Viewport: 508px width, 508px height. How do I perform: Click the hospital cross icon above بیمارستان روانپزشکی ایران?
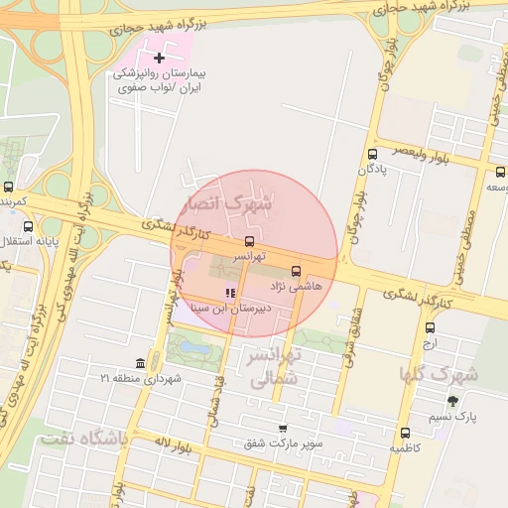click(159, 59)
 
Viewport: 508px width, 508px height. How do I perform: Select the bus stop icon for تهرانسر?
click(249, 241)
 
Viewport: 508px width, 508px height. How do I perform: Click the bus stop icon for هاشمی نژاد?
click(296, 270)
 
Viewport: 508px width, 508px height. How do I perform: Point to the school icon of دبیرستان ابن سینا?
click(230, 293)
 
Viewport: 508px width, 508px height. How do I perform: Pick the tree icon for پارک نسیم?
click(452, 401)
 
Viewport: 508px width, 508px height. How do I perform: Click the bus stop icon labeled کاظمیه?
click(405, 433)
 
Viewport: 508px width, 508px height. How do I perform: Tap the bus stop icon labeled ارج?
click(430, 327)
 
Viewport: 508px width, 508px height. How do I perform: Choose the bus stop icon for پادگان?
click(373, 154)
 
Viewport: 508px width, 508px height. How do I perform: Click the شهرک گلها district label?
click(439, 374)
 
